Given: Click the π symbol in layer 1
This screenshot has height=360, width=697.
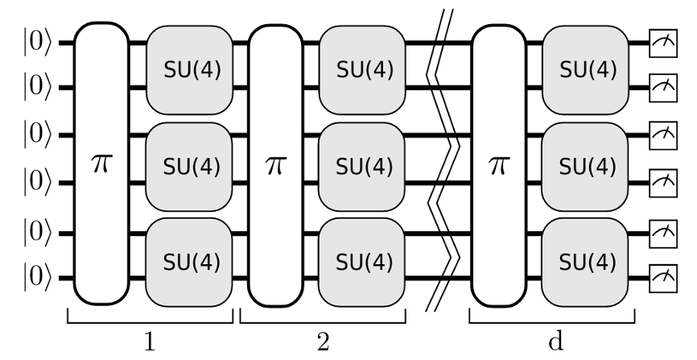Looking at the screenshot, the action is click(101, 163).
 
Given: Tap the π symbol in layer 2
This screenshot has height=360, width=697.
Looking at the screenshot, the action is click(275, 165).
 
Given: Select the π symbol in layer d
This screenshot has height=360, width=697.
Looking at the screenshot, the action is click(498, 165).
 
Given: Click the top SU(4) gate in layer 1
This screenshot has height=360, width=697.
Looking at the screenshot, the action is click(189, 70).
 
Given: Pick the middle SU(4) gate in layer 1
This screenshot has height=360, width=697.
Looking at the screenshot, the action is click(189, 167).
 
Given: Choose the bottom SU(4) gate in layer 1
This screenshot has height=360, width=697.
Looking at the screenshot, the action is click(189, 262).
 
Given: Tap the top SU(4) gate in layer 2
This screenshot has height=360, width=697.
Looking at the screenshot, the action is click(362, 70).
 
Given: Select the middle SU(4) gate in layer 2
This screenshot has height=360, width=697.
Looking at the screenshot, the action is click(362, 167).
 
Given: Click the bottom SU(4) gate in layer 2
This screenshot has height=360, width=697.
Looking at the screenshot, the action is click(362, 262).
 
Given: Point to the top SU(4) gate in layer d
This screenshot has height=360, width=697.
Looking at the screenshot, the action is click(585, 70).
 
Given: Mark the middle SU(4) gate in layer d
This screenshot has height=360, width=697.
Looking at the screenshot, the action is click(585, 167).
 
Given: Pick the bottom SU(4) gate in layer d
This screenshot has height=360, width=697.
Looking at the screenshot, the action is click(585, 262).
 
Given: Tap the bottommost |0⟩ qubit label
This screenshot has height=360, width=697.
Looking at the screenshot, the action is click(37, 278).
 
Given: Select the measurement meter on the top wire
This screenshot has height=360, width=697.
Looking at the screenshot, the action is click(663, 43).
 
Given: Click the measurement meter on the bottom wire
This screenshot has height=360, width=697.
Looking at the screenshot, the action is click(663, 279).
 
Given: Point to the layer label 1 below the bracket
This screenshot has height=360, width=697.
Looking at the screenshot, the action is click(150, 342).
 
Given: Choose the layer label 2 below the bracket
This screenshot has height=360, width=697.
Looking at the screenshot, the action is click(324, 342).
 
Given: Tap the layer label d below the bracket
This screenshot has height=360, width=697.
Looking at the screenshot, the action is click(555, 341).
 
